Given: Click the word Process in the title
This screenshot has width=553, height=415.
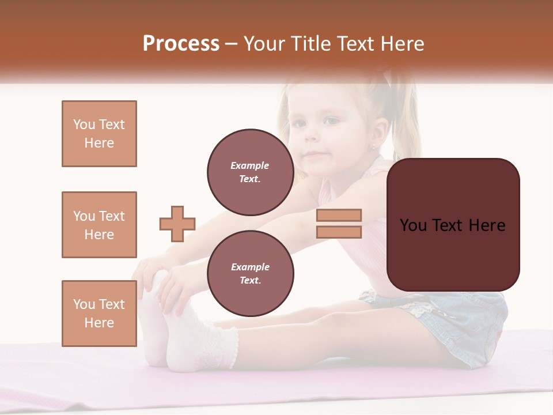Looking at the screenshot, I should tap(181, 44).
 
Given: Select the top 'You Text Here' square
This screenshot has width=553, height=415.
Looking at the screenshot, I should tap(99, 134).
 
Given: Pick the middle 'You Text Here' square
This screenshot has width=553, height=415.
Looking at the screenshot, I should tap(99, 225).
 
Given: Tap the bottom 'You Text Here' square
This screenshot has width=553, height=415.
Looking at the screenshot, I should tap(99, 314).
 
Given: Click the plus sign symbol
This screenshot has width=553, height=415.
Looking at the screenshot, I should tap(177, 224).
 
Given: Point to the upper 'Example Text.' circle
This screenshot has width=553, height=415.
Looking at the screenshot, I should tap(250, 172).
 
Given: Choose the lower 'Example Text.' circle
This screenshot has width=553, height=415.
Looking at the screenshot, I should tap(250, 273).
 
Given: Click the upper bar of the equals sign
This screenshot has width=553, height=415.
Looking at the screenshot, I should tap(339, 215).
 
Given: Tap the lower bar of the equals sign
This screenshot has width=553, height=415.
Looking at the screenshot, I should tap(339, 232).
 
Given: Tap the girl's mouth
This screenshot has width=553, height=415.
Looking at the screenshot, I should tap(314, 156).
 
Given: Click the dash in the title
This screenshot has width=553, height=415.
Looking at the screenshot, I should tap(231, 44).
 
